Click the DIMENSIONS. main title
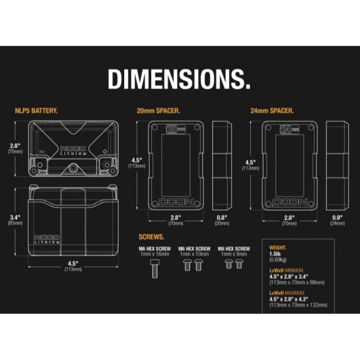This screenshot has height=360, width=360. tap(179, 79)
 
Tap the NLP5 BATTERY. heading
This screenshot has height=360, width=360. tap(36, 111)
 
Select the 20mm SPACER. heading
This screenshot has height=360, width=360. tap(158, 111)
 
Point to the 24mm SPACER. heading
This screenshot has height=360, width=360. tap(272, 111)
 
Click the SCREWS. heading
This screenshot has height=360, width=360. tap(152, 237)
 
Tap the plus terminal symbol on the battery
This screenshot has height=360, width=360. tap(105, 152)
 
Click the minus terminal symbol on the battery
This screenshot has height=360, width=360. tap(42, 152)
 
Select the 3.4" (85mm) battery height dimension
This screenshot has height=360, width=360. tap(15, 220)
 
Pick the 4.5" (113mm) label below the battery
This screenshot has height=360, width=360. tap(73, 266)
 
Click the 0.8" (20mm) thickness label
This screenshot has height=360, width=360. tap(222, 220)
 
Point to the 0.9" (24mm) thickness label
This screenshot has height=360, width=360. tap(337, 220)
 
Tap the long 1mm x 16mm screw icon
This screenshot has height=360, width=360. tap(155, 269)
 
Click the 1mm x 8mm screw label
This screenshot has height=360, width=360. tap(234, 254)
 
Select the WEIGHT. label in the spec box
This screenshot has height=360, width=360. tap(278, 248)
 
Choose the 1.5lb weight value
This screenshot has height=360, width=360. tap(275, 254)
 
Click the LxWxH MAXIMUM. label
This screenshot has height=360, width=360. tap(287, 293)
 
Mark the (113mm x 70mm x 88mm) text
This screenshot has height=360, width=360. tap(297, 283)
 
